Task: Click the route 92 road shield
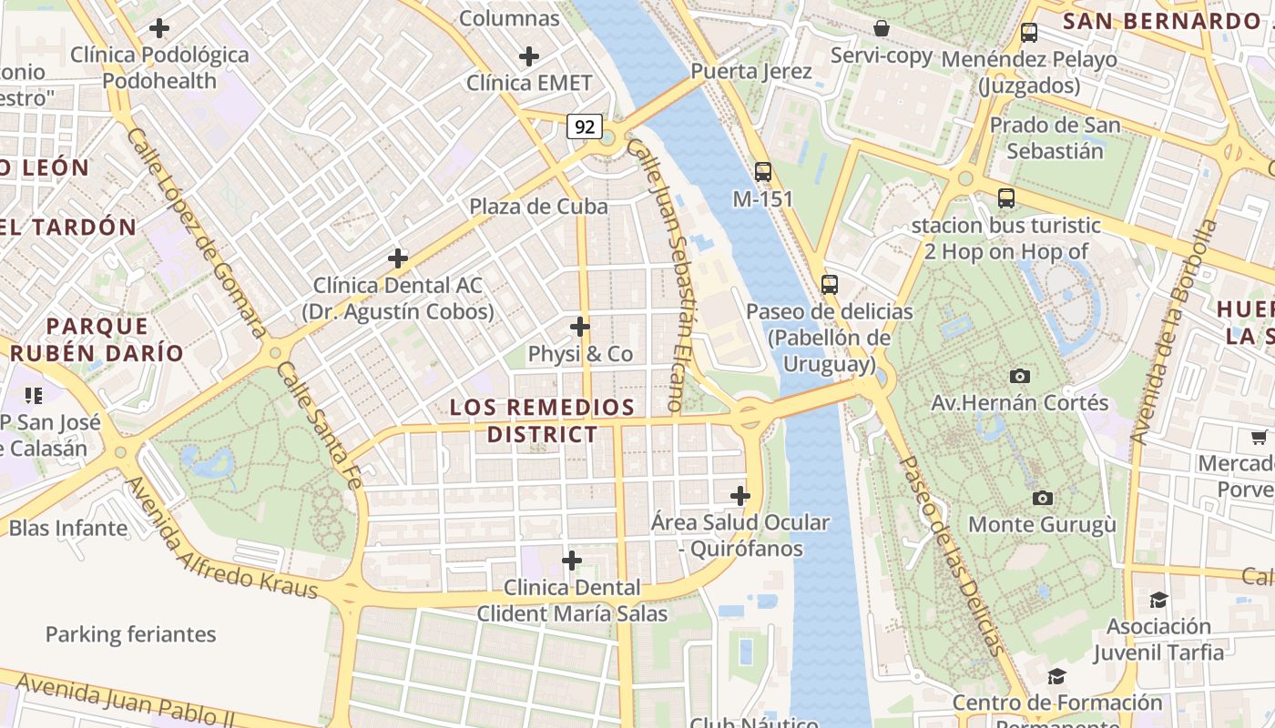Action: click(x=584, y=126)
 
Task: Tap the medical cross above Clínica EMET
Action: click(x=529, y=56)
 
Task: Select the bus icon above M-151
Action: click(x=763, y=171)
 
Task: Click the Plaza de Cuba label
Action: click(x=538, y=207)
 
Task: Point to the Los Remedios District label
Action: click(x=542, y=420)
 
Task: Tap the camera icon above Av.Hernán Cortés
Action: click(x=1020, y=376)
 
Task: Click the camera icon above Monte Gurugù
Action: click(x=1043, y=498)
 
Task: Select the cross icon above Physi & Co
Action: click(x=580, y=326)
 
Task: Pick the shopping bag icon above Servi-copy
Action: click(x=882, y=28)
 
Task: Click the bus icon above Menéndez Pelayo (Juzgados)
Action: click(x=1029, y=33)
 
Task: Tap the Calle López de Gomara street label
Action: click(x=196, y=232)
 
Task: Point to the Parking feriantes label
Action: click(x=131, y=634)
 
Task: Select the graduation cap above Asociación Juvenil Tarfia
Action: click(x=1158, y=600)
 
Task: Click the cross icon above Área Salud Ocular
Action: click(x=740, y=496)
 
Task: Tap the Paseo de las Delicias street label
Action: click(x=953, y=555)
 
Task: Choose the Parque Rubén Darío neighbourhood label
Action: click(x=97, y=339)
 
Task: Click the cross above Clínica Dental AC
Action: click(x=398, y=258)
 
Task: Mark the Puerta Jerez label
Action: click(x=751, y=71)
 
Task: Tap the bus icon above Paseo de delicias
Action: click(x=829, y=284)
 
